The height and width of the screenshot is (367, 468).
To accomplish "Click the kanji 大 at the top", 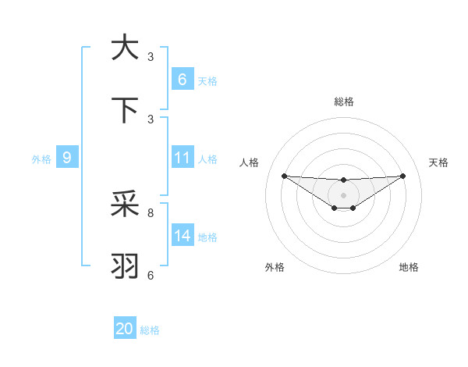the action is click(x=125, y=48).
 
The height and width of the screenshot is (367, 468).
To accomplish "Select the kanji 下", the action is click(x=125, y=111).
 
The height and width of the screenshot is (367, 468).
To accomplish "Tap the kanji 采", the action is click(x=125, y=205).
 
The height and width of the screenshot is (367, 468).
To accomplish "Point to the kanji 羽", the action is click(x=125, y=266).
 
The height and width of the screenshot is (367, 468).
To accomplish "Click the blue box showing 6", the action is click(x=182, y=79).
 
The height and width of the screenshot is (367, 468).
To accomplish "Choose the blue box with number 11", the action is click(x=182, y=158).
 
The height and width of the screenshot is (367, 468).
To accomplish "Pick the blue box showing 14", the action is click(x=182, y=236).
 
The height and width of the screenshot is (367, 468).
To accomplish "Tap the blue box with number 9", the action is click(x=67, y=158).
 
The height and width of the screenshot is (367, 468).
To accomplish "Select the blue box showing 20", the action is click(x=125, y=329).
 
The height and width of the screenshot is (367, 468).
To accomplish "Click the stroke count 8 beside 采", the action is click(x=151, y=212).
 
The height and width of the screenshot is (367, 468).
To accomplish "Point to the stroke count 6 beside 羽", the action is click(x=151, y=275).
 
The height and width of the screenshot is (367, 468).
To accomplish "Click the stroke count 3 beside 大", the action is click(x=151, y=56).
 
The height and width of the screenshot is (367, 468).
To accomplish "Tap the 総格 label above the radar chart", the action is click(x=343, y=102).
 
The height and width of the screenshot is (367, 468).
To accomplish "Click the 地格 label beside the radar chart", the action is click(x=409, y=267).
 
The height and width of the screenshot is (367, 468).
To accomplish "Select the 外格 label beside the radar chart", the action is click(x=275, y=267).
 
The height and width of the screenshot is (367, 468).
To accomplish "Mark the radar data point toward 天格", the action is click(x=402, y=176).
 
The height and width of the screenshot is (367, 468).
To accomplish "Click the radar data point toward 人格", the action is click(x=284, y=176).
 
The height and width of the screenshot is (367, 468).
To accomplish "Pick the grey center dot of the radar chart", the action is click(x=343, y=194).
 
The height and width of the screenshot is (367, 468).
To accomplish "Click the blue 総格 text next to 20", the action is click(x=151, y=330).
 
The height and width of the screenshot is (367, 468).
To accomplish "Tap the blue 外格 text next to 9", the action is click(x=41, y=159).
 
